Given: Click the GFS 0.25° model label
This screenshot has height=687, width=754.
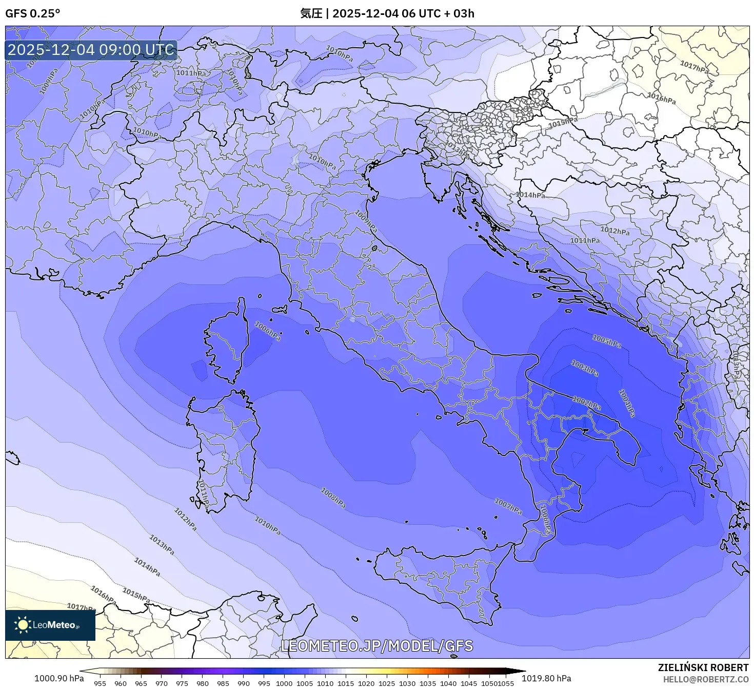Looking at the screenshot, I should point(32,14).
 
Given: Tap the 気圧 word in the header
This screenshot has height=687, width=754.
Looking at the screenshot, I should point(311,13).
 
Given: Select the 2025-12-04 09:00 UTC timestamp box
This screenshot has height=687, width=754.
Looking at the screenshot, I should point(91,50).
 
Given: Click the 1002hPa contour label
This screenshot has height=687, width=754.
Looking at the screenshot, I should point(586,403).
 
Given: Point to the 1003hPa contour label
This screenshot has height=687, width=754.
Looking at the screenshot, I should point(584,368).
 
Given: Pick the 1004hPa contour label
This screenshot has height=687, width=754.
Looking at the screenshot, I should point(627,403).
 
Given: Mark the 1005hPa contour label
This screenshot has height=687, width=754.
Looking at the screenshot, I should point(606,341).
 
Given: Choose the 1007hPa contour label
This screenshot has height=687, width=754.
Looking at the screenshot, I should point(508,506).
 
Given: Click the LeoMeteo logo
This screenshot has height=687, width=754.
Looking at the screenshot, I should point(50,625).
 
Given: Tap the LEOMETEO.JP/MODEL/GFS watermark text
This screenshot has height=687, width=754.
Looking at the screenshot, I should point(377,646).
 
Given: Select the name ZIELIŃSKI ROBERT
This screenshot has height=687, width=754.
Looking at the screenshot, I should point(703,667).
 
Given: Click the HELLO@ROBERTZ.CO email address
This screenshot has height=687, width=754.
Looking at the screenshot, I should point(705,679).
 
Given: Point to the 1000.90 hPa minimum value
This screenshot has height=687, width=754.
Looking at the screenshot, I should point(59,678).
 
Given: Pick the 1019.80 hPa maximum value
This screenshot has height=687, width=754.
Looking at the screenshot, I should point(546,678).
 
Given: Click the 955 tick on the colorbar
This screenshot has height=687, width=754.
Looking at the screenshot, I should point(100,683).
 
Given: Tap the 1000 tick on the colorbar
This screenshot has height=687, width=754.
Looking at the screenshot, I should point(284,683).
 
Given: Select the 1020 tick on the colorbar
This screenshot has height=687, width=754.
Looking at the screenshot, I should point(366,683).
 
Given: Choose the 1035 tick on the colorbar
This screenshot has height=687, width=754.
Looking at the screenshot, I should point(428,683).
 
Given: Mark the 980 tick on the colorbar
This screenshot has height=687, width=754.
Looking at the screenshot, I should point(203,683).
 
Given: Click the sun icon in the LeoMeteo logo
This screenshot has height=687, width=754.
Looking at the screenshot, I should point(23,625).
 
